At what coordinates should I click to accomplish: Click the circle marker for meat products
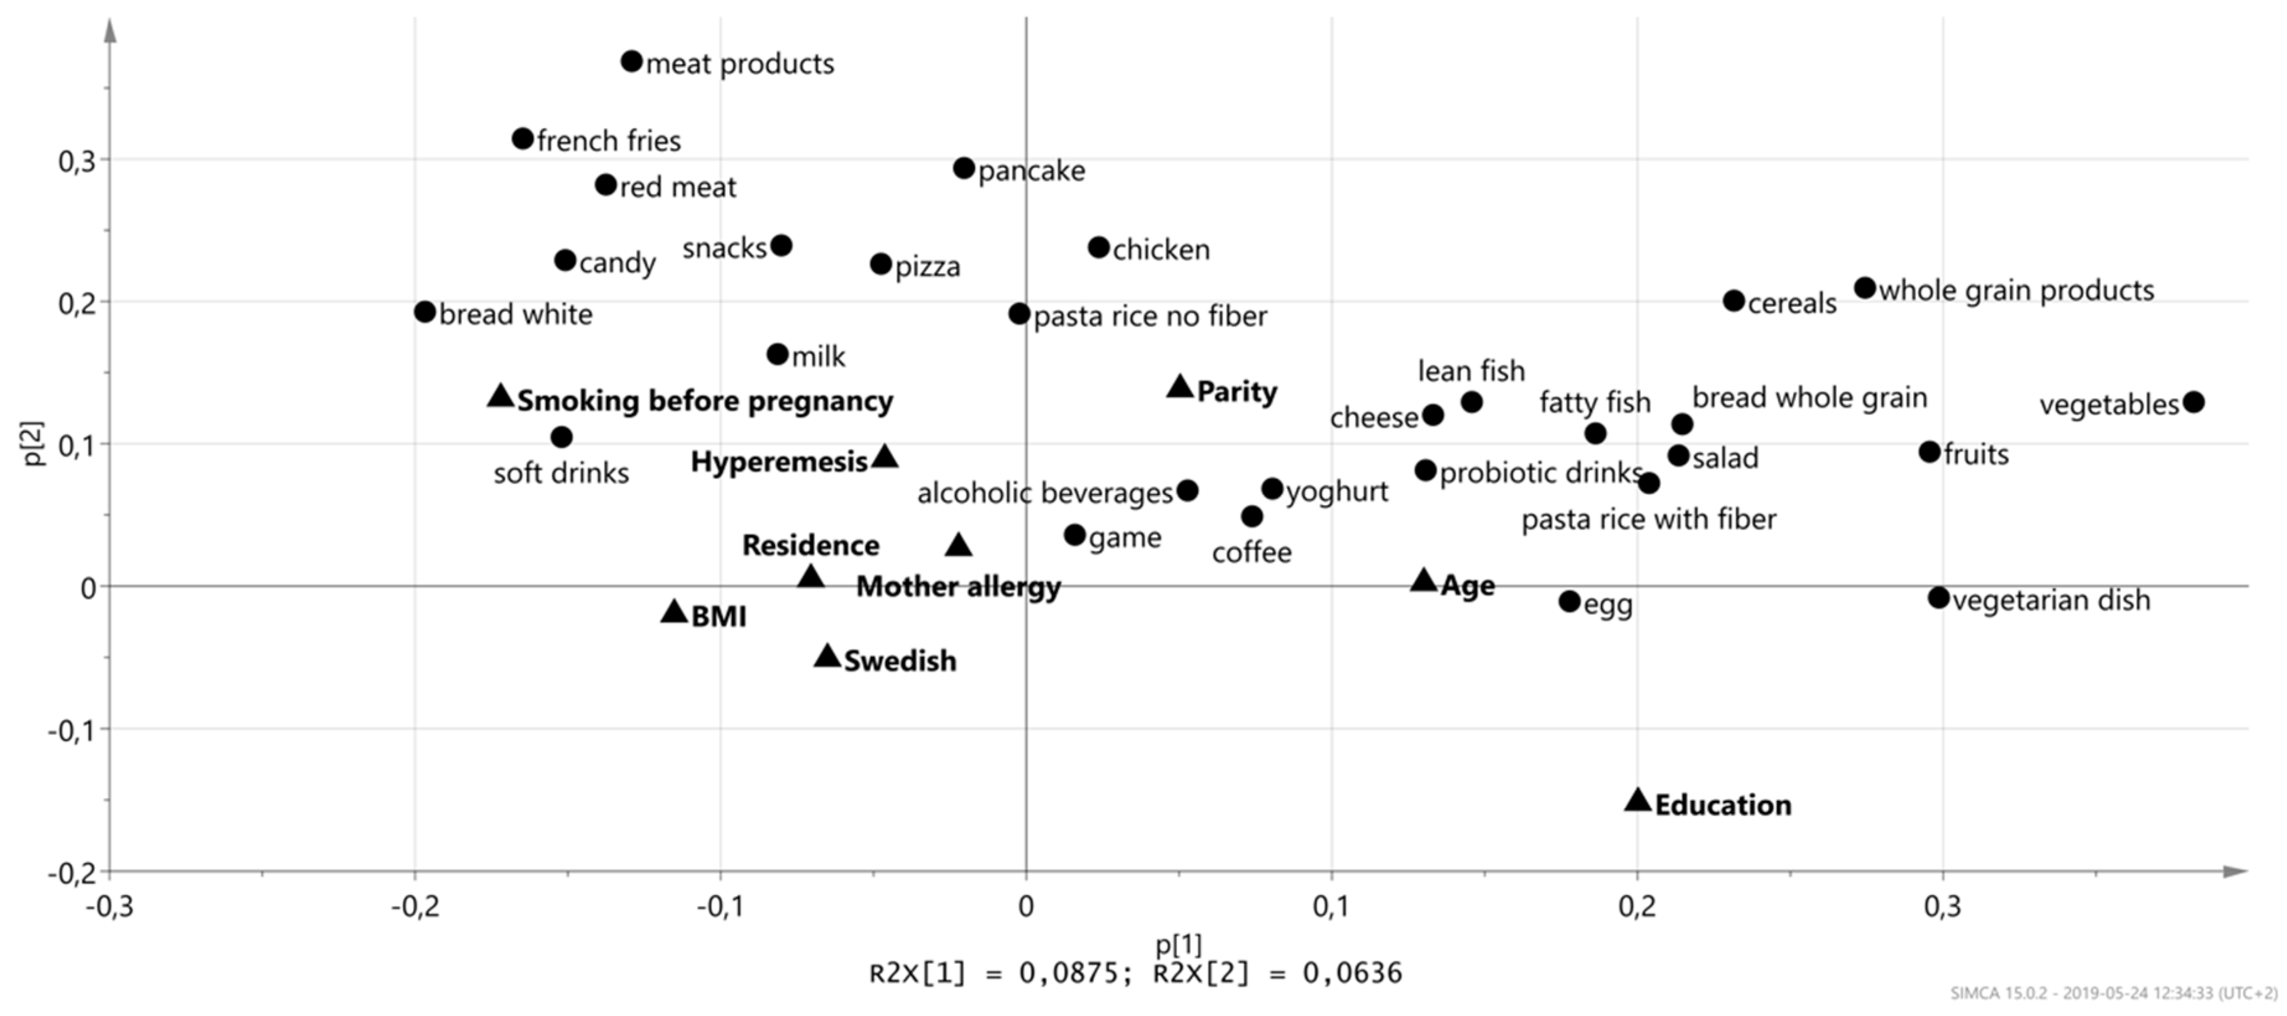631,61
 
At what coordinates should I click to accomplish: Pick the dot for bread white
425,312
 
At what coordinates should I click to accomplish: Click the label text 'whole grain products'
2016,290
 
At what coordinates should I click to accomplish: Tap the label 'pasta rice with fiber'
1648,519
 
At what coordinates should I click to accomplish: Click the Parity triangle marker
1180,387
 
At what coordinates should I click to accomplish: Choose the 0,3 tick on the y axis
77,161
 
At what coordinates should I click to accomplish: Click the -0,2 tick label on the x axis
415,907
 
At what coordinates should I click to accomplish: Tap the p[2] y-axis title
33,443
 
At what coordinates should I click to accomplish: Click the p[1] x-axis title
1178,944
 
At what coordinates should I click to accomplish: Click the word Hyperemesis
779,462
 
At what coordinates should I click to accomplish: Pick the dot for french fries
523,138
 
